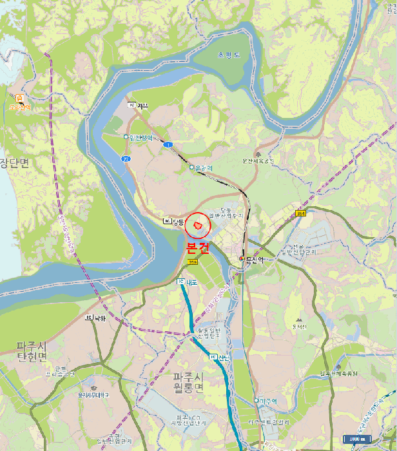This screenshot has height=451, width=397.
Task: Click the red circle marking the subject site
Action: [198, 226]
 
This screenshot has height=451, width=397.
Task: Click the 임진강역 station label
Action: [140, 137]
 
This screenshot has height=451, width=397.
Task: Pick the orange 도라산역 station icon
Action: [19, 98]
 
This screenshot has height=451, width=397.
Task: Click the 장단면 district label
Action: [14, 162]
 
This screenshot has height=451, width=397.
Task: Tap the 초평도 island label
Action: [228, 55]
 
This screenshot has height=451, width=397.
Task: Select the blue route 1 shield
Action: [168, 145]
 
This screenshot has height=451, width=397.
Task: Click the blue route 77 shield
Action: [126, 157]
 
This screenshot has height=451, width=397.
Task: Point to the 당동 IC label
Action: [175, 221]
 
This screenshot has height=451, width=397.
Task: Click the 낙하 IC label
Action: [97, 318]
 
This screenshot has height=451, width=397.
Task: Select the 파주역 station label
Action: [267, 401]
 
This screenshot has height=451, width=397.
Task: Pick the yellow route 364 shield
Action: [300, 213]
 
